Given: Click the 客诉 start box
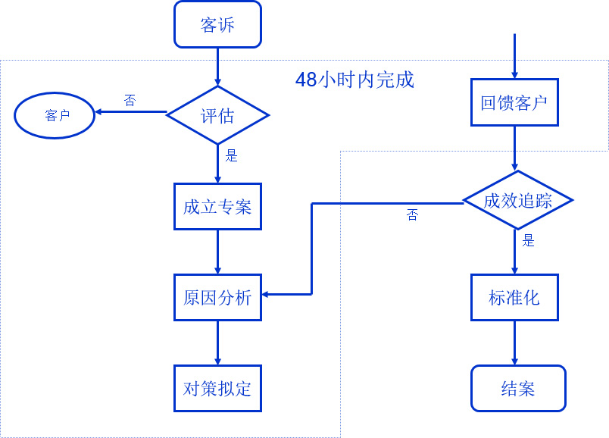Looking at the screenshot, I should pos(217,24).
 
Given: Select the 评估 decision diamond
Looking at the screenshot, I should pos(217,115).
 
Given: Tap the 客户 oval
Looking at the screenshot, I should pos(55,116).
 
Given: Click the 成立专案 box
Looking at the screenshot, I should pos(217,206).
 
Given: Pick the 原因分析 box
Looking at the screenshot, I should pos(217,297).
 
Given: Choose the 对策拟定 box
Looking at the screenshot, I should pos(217,388).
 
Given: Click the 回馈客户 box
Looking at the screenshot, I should pos(514,102).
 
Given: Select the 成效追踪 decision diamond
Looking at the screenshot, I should pos(517,201).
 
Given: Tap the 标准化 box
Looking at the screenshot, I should pos(514,297).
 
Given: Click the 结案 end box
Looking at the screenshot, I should pos(518,388).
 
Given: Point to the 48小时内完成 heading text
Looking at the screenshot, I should pos(354,80).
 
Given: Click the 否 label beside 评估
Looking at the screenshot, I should pos(130,100).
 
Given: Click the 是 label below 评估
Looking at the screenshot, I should pos(232,155).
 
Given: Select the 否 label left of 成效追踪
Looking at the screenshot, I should pos(412,215).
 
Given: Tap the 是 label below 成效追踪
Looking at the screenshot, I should pos(529,240).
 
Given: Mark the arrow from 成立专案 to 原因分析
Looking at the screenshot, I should pos(217,252).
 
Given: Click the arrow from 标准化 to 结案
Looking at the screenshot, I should pos(514,343).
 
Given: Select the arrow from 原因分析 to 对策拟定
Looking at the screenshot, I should pos(217,343).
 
